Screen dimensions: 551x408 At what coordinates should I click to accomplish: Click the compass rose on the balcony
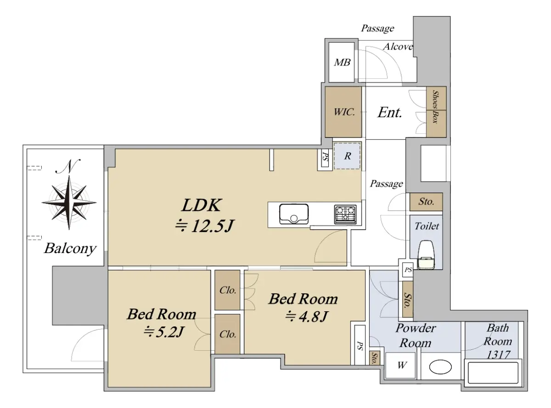[x=69, y=203]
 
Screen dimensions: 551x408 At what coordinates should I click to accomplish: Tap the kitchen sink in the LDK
[x=294, y=214]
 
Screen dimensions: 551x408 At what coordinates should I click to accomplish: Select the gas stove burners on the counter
[x=345, y=214]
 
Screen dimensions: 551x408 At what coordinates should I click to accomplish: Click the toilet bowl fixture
[x=426, y=254]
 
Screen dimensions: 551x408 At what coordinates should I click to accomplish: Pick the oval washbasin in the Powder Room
[x=440, y=367]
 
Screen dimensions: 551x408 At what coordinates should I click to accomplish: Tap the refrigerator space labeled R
[x=347, y=156]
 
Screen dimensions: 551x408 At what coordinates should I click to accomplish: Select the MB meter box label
[x=342, y=62]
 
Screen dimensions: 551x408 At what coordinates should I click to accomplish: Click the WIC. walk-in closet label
[x=344, y=112]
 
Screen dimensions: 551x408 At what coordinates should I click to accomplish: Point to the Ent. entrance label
[x=389, y=113]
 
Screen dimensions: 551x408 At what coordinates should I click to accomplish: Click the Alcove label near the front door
[x=398, y=47]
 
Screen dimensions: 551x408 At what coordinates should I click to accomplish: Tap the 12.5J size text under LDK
[x=204, y=226]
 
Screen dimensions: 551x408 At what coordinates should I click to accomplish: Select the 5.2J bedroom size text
[x=164, y=332]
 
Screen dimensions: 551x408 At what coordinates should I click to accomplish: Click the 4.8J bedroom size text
[x=306, y=316]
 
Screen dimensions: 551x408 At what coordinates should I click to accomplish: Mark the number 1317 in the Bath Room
[x=498, y=355]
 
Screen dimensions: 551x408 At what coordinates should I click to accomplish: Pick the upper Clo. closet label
[x=228, y=290]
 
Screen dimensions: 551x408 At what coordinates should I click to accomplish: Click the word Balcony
[x=70, y=248]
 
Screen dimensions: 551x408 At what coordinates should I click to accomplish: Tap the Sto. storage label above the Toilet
[x=426, y=201]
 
